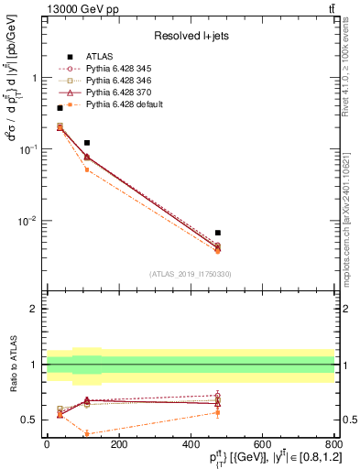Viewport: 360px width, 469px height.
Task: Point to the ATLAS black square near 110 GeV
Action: pos(86,143)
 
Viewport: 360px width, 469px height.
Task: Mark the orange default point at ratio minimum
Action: pos(86,433)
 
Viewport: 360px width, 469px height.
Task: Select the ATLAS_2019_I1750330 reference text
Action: pos(190,273)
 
